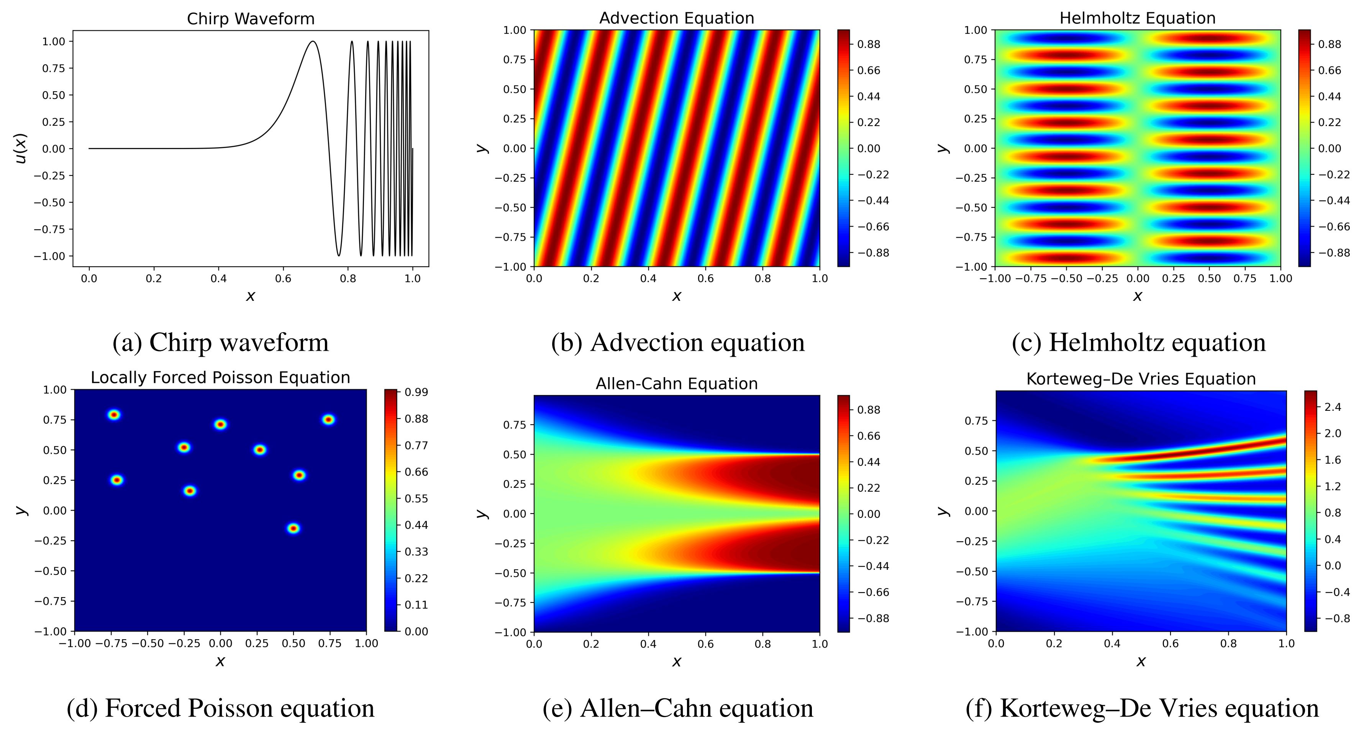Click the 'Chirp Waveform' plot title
coord(251,19)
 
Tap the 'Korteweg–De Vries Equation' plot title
coord(1141,379)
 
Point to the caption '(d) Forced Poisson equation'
coord(220,708)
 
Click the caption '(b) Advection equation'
coord(678,342)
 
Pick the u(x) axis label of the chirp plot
coord(21,148)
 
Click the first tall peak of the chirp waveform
coord(313,42)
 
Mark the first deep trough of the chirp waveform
coord(339,255)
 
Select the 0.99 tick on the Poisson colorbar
coord(416,392)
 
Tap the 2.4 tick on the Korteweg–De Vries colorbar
coord(1333,407)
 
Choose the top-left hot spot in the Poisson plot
coord(114,415)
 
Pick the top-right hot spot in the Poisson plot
coord(328,419)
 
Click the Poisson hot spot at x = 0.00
coord(220,424)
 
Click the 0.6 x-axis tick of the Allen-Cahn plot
coord(705,644)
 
